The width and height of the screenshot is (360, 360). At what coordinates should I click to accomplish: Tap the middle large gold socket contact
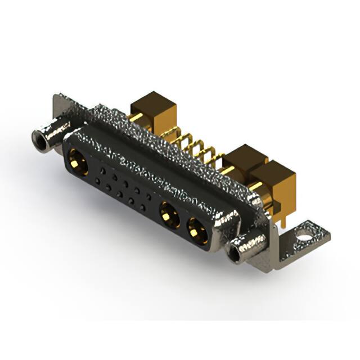pos(167,213)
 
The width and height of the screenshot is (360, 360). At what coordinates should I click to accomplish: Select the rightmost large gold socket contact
pos(196,230)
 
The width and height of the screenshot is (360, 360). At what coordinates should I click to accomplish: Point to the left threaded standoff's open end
pos(40,137)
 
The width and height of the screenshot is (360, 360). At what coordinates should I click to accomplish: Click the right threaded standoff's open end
pos(234,251)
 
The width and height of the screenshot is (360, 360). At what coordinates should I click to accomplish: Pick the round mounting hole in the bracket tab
pos(305,229)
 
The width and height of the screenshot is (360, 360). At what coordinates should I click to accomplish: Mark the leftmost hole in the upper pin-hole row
pos(101,169)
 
